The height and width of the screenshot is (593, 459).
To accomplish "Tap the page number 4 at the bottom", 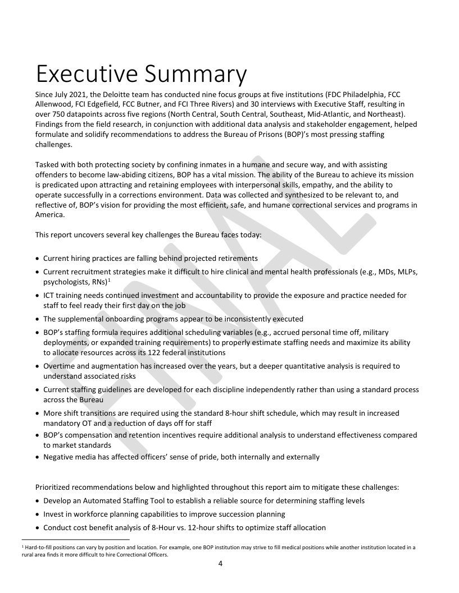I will tap(229, 563).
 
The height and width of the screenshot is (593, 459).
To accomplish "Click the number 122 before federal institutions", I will tap(170, 352).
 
